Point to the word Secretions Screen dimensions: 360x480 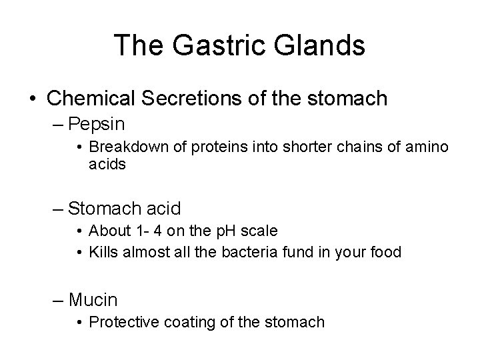(x=181, y=99)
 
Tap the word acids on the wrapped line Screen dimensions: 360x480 (x=107, y=164)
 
